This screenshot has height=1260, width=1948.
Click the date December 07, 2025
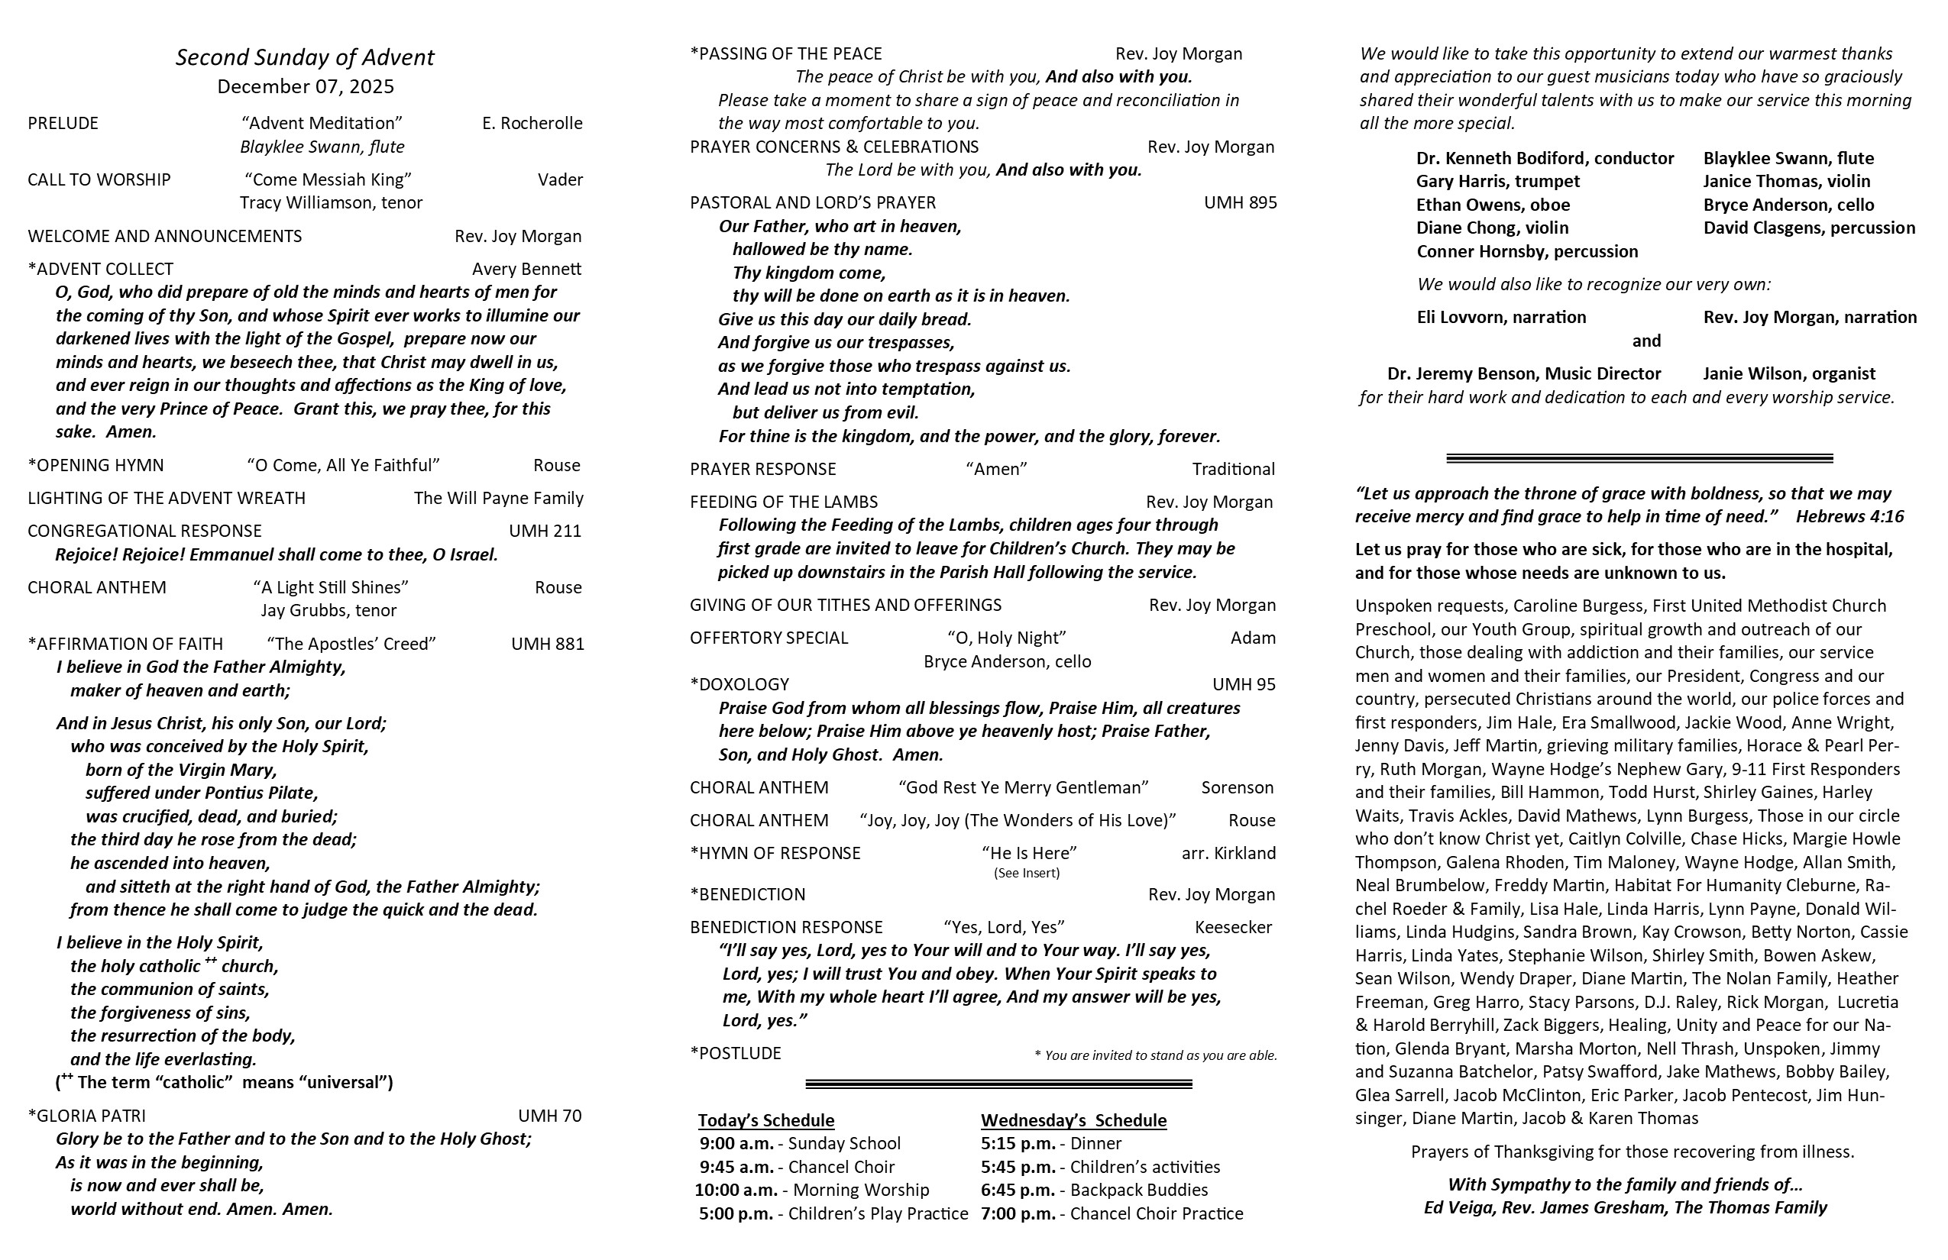point(306,87)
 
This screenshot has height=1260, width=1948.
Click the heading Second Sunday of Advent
point(305,57)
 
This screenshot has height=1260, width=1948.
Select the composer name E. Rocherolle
point(532,124)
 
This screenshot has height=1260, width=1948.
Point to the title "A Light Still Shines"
point(331,587)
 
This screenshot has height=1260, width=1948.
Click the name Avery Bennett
point(526,269)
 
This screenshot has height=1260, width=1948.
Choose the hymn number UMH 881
point(548,644)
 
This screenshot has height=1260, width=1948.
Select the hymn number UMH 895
point(1239,203)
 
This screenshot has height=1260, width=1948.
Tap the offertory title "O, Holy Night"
point(1007,638)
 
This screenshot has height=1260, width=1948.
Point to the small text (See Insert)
point(1027,873)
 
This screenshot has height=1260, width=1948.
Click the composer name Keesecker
point(1233,927)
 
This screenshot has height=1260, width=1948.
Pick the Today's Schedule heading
point(766,1121)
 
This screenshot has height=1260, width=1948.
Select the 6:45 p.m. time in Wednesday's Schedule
point(1018,1191)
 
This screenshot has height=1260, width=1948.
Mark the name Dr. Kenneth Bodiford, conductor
point(1545,159)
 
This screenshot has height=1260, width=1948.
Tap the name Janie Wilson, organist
point(1789,374)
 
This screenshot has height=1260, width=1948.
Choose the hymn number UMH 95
point(1244,685)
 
